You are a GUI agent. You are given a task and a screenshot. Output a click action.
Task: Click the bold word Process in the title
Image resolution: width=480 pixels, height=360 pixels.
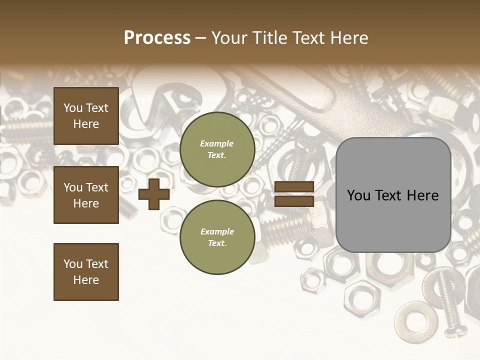coord(157,38)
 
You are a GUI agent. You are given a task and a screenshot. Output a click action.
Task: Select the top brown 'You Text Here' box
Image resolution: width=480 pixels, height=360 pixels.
coord(86,116)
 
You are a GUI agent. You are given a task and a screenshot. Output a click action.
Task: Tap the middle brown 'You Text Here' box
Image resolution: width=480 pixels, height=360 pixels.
coord(86,195)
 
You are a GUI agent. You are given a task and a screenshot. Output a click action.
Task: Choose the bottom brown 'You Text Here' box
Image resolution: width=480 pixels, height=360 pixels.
coord(86,272)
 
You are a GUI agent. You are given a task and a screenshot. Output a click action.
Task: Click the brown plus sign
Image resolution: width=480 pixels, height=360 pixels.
coord(154,194)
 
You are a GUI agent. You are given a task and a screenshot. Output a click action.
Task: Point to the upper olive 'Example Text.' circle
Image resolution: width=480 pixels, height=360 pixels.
coord(217,149)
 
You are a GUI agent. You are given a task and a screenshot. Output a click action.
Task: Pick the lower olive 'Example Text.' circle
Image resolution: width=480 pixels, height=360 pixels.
coord(217,237)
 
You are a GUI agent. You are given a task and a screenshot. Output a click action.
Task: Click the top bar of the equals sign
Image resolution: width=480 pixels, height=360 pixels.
coord(294,186)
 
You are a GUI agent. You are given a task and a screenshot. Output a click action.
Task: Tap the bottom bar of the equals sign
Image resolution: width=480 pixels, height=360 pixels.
coord(294,201)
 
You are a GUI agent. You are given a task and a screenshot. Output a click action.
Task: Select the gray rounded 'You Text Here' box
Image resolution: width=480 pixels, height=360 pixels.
coord(393,195)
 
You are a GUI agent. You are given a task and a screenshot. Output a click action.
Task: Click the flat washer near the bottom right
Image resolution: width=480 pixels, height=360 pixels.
coord(415,318)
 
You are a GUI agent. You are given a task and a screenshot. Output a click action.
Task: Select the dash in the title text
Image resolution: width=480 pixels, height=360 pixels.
coord(201,38)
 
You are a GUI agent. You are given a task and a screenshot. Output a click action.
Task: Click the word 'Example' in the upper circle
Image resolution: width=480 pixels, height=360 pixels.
coord(217,143)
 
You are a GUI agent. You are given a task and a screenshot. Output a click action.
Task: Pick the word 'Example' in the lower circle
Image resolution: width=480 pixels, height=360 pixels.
coord(217,231)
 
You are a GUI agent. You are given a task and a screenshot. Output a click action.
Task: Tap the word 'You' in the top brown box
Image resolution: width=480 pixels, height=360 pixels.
coord(73,108)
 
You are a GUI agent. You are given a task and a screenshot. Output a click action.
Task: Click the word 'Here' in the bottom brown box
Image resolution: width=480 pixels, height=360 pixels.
coord(86,280)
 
